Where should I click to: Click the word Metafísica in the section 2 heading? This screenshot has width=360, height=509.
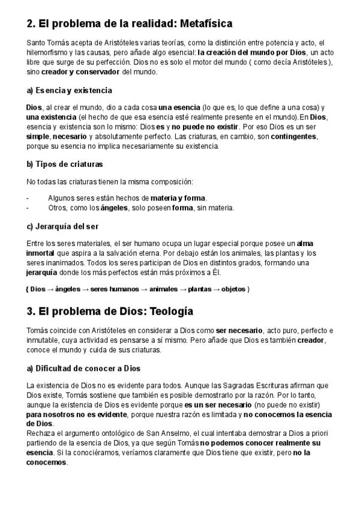pos(202,24)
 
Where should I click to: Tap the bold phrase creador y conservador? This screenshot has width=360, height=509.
pos(80,72)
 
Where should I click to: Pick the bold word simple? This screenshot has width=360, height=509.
pos(38,136)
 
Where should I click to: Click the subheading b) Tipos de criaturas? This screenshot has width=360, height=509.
pos(65,164)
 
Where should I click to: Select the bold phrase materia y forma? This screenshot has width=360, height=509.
pos(178,198)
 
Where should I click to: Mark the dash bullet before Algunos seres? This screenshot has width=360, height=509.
pos(28,198)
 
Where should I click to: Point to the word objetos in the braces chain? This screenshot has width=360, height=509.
pos(233,289)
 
